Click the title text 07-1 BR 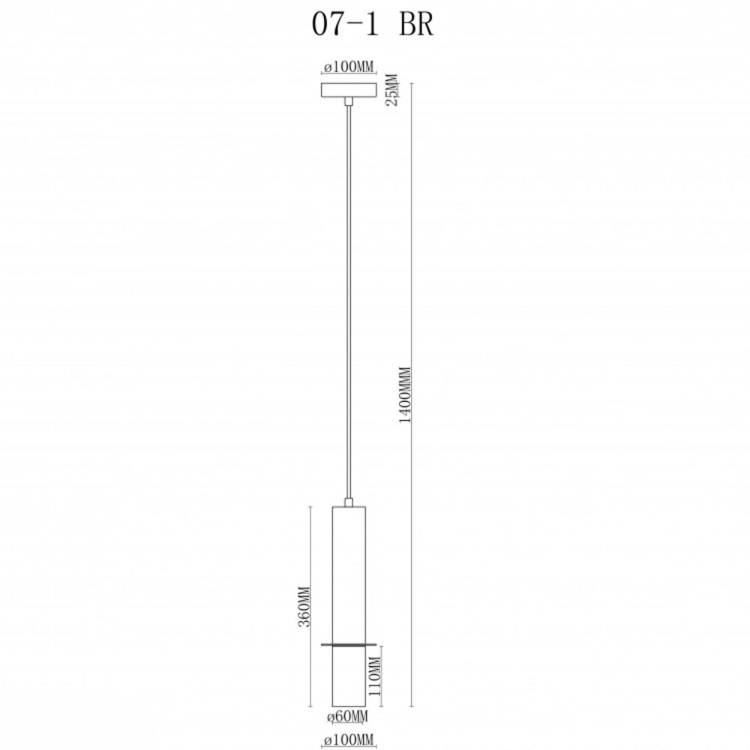pyautogui.click(x=373, y=24)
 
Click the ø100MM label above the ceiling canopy pyautogui.click(x=349, y=67)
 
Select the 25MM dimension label pyautogui.click(x=391, y=89)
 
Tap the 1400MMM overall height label pyautogui.click(x=405, y=394)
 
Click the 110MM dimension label pyautogui.click(x=374, y=676)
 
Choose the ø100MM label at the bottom pyautogui.click(x=348, y=740)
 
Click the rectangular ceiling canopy pyautogui.click(x=349, y=90)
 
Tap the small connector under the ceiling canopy pyautogui.click(x=349, y=101)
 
